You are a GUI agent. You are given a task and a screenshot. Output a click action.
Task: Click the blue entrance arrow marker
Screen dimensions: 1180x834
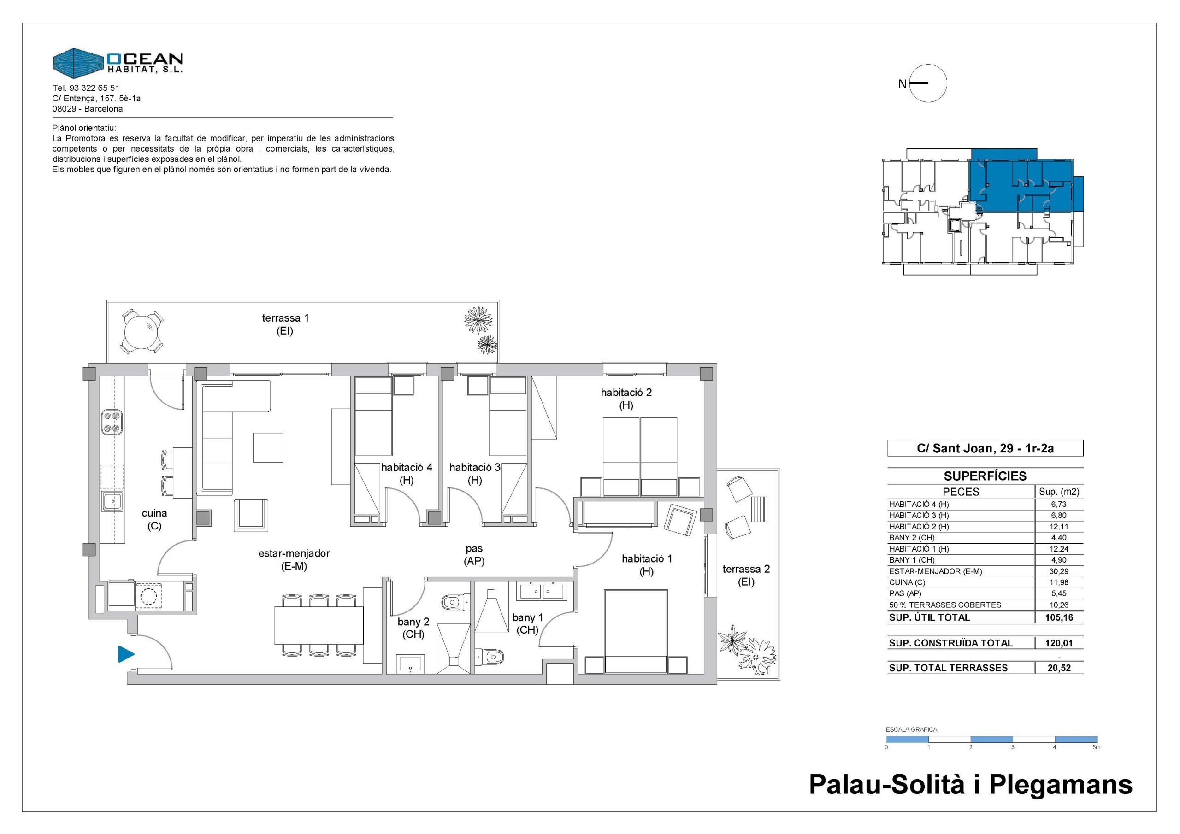tap(125, 654)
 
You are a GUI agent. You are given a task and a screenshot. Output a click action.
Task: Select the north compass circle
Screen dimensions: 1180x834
tap(928, 83)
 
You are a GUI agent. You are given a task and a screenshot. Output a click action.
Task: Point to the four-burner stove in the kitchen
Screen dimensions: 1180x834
tap(112, 422)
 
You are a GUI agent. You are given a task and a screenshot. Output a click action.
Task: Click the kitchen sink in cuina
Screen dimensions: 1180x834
tap(112, 501)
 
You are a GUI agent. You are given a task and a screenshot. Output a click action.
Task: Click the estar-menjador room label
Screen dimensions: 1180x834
tap(294, 553)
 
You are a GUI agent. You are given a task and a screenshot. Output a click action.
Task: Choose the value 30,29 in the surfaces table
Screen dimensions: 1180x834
tap(1059, 571)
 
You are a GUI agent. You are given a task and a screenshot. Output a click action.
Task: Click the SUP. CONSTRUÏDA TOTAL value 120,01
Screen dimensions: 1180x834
tap(1059, 643)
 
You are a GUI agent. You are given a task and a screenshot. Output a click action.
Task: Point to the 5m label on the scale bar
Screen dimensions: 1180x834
tap(1096, 747)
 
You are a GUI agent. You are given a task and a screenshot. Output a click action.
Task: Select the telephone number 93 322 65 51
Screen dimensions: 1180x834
tap(94, 88)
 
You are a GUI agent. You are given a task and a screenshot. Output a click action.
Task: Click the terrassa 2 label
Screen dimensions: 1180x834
tap(746, 569)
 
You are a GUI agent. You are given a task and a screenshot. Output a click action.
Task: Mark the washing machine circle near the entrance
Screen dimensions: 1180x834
tap(148, 597)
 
